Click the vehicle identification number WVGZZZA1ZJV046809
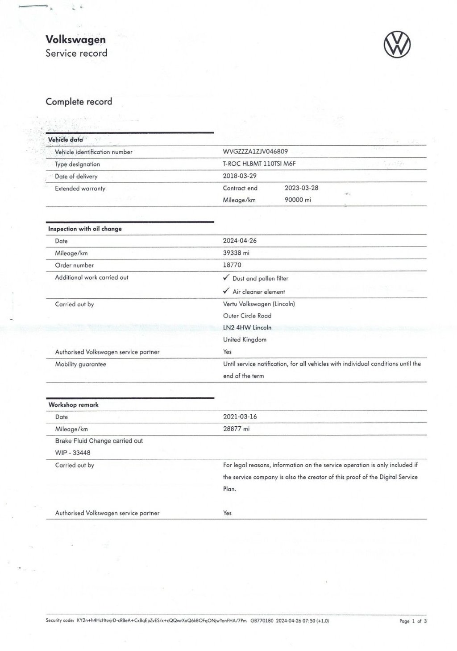tap(255, 152)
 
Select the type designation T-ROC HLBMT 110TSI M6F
tap(259, 164)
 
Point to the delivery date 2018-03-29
tap(240, 176)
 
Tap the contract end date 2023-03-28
tap(301, 188)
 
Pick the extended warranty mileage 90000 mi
tap(298, 200)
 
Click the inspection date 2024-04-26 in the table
tap(240, 241)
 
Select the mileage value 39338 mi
tap(236, 253)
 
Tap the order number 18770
tap(232, 265)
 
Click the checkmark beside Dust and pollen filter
tap(226, 278)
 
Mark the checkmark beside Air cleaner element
tap(226, 291)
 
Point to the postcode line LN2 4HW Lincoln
tap(247, 327)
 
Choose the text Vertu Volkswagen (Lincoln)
tap(259, 304)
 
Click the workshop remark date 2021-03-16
tap(240, 416)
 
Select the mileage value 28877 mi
tap(236, 429)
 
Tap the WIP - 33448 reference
tap(73, 453)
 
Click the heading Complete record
tap(79, 102)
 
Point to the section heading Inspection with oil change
tap(85, 229)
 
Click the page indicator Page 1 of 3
tap(413, 621)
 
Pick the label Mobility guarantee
tap(80, 364)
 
